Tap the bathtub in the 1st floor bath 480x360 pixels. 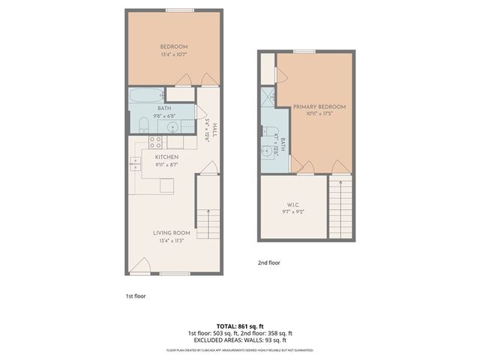click(x=145, y=95)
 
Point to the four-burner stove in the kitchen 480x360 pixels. click(x=156, y=141)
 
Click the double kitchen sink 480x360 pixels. click(x=134, y=163)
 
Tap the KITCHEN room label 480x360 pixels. click(x=166, y=157)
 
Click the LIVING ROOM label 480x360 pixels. click(x=172, y=233)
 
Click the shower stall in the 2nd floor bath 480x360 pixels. click(x=267, y=98)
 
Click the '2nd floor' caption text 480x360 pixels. click(x=268, y=263)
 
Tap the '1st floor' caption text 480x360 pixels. click(x=136, y=295)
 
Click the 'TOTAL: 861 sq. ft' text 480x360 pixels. click(x=240, y=326)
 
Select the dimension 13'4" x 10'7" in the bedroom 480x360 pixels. click(x=173, y=54)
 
